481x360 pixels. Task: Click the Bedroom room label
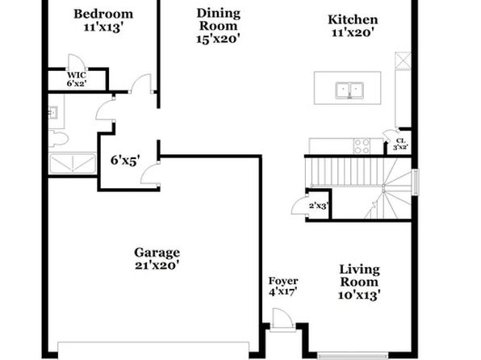(x=103, y=14)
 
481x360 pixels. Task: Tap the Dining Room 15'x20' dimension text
(x=218, y=39)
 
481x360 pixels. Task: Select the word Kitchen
(x=353, y=19)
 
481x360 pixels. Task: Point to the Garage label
(x=157, y=253)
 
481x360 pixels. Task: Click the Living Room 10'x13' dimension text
(x=359, y=295)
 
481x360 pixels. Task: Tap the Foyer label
(x=283, y=281)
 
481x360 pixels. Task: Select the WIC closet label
(x=77, y=75)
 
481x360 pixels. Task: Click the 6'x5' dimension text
(x=125, y=160)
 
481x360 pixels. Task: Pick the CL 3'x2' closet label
(x=400, y=144)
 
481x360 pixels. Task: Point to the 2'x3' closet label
(x=319, y=206)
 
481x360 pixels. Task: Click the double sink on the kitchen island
(x=349, y=90)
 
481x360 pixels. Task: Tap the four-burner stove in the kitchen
(x=362, y=146)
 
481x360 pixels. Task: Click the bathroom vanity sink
(x=53, y=112)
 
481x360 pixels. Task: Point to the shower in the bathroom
(x=73, y=163)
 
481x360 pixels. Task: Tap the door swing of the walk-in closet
(x=77, y=62)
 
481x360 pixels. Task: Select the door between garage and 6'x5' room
(x=150, y=174)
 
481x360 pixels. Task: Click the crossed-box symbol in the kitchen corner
(x=403, y=61)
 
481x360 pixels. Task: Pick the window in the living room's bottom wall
(x=353, y=356)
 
